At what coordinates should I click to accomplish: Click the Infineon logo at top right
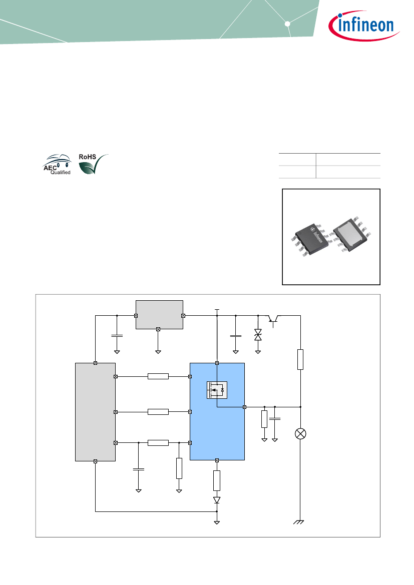(363, 26)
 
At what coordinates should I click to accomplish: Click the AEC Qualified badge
(57, 164)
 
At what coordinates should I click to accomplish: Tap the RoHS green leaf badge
(93, 164)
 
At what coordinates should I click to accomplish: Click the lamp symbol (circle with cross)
(300, 433)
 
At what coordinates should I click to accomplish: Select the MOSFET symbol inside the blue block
(217, 390)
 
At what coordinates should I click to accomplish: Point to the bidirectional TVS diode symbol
(258, 335)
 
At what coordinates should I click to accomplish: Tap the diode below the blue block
(217, 500)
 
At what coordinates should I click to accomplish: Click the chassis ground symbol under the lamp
(299, 522)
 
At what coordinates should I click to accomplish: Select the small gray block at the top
(159, 315)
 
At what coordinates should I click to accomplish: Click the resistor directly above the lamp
(300, 359)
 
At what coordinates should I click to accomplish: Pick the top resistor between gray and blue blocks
(158, 376)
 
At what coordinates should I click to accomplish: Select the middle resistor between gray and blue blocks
(158, 412)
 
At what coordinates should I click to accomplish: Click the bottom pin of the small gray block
(158, 329)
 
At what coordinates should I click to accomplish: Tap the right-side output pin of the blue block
(244, 407)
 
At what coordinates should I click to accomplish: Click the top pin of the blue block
(217, 363)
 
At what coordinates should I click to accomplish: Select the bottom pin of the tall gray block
(95, 461)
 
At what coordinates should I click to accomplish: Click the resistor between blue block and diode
(217, 480)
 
